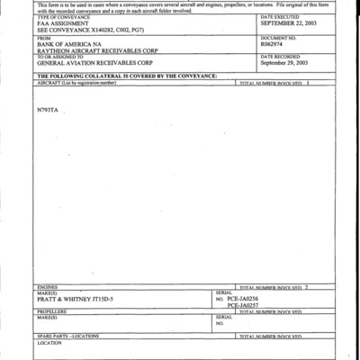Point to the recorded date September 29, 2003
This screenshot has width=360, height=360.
283,63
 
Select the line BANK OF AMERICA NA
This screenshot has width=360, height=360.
68,42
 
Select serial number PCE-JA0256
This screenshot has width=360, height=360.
242,298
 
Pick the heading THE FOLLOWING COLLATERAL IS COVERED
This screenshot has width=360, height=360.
126,76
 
